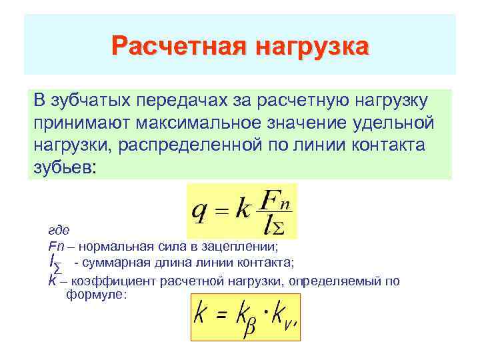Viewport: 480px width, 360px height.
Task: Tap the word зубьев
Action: point(63,167)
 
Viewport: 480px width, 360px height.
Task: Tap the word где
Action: point(59,230)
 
